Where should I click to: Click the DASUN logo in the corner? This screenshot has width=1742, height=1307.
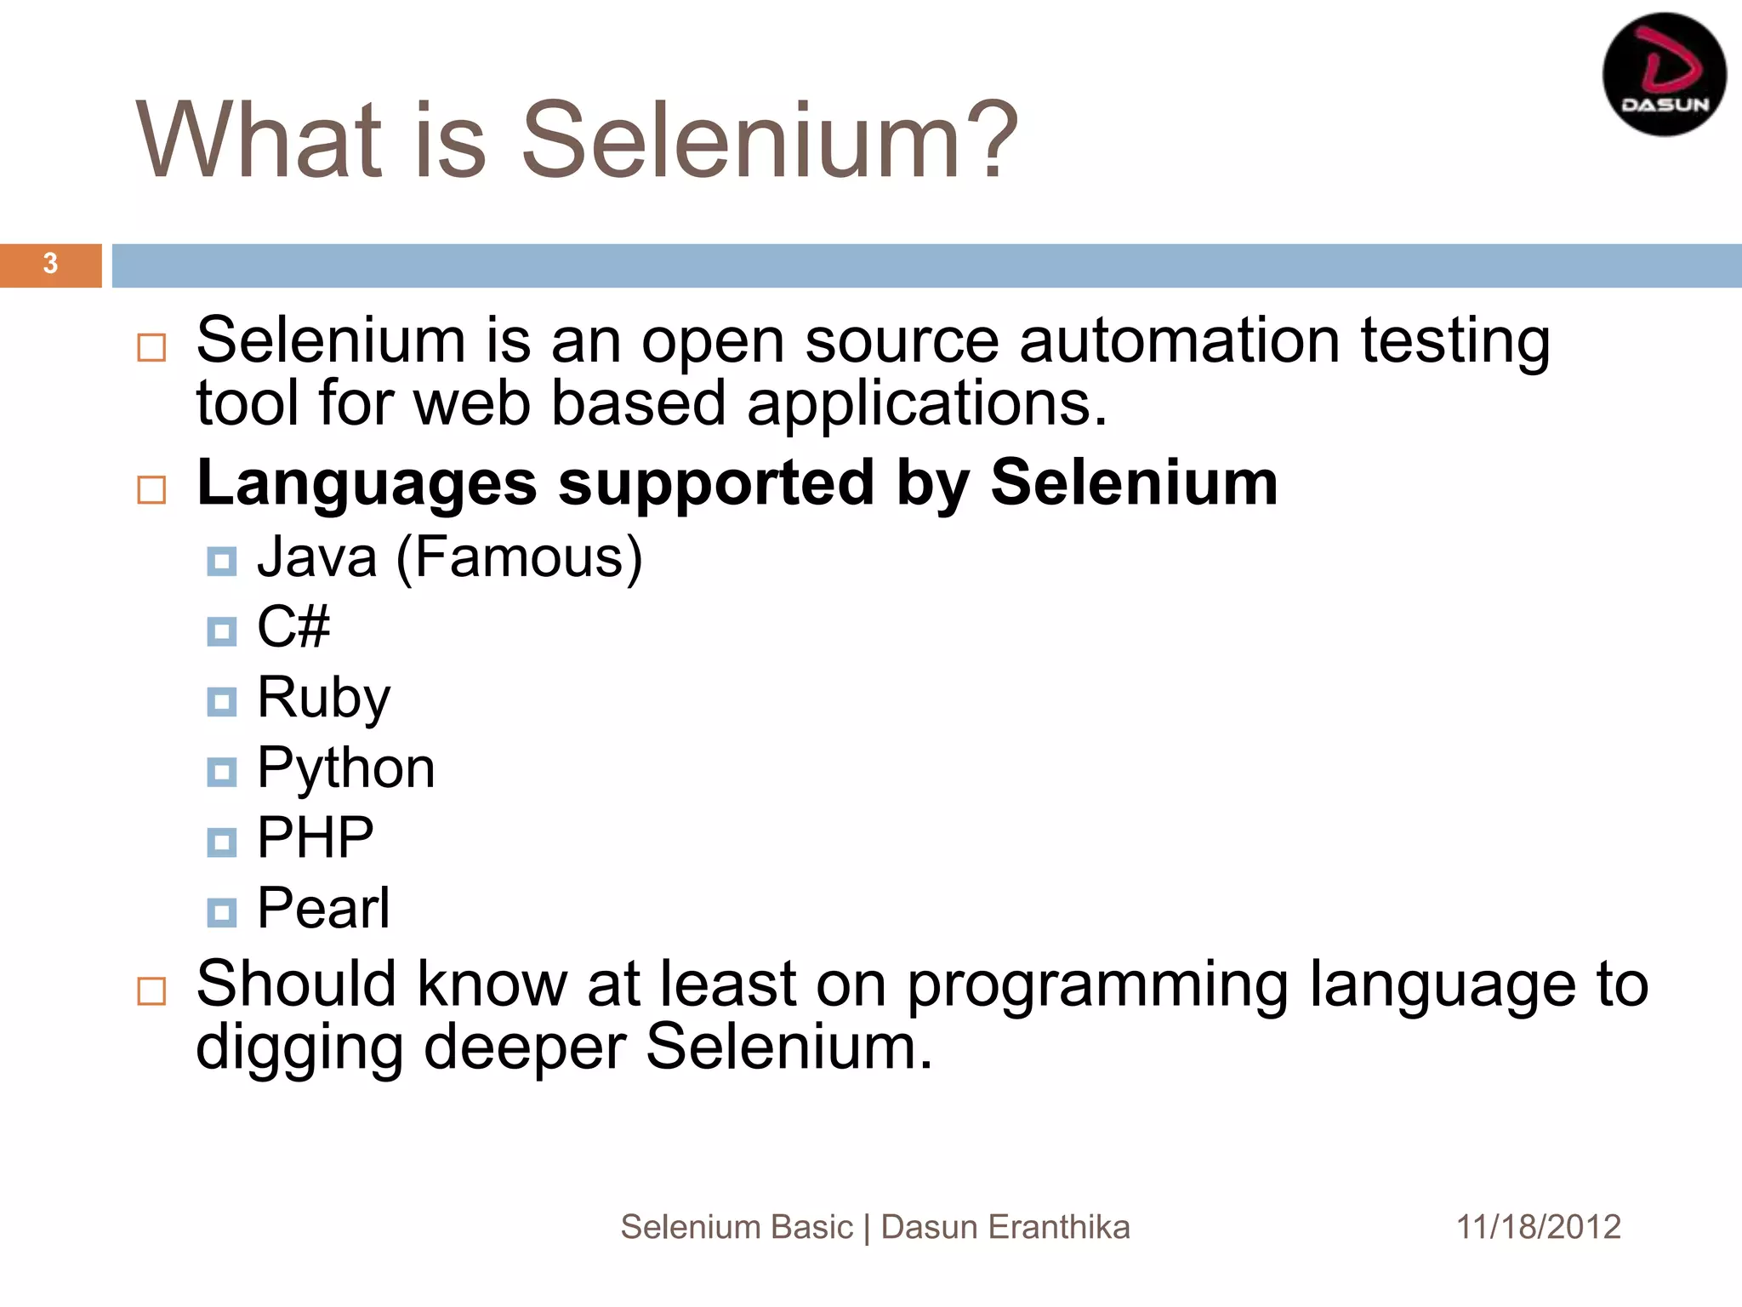pos(1664,75)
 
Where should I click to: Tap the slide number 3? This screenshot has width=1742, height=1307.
pos(50,264)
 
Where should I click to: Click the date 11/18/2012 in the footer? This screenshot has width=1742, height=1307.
pos(1538,1227)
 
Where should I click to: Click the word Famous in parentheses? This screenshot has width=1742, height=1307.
pos(520,557)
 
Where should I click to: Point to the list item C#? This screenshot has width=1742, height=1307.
pos(293,627)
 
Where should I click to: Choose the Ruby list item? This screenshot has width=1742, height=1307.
pos(323,698)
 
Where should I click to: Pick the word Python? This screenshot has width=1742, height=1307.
pos(345,768)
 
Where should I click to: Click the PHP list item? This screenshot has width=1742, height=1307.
pos(315,838)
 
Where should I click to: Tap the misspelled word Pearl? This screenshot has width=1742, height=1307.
pos(323,908)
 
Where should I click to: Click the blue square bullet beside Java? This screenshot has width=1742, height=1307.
pos(222,562)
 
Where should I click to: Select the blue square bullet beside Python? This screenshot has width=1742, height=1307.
pos(222,772)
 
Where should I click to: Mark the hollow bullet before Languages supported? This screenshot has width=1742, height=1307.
pos(151,490)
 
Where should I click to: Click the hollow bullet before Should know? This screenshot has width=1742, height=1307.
pos(151,991)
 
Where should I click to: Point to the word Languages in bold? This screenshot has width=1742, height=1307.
pos(367,483)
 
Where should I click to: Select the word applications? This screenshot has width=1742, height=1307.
pos(927,403)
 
